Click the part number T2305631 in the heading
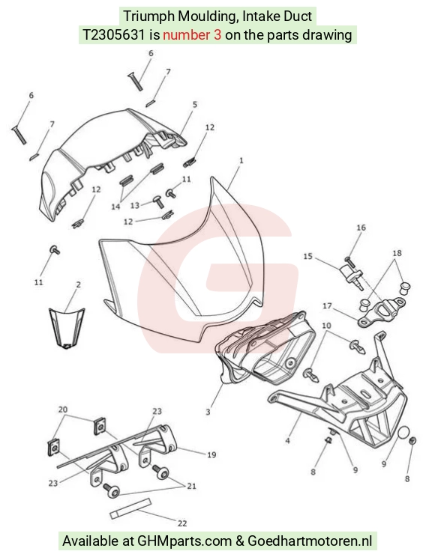click(114, 34)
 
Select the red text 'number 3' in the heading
click(192, 34)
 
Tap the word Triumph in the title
click(148, 16)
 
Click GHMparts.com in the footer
click(184, 541)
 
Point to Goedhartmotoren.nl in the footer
click(310, 541)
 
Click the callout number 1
click(241, 160)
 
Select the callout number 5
click(195, 105)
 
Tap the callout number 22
click(182, 523)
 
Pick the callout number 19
click(211, 454)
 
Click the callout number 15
click(308, 256)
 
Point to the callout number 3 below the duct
click(208, 412)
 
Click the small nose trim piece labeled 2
click(67, 328)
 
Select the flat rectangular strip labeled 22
click(130, 508)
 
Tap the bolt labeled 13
click(158, 201)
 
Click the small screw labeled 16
click(349, 262)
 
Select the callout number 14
click(115, 207)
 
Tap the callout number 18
click(397, 253)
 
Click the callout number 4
click(288, 441)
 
